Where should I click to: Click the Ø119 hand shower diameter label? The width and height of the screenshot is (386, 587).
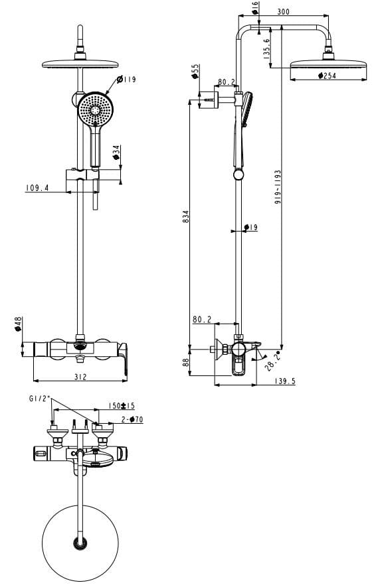[x=126, y=80]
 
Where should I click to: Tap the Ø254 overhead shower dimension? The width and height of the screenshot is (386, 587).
[x=326, y=77]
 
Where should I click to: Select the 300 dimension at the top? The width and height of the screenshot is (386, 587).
[x=284, y=12]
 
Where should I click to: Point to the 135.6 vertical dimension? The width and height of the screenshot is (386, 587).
[x=266, y=50]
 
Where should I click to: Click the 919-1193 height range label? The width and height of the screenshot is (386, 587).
[x=278, y=188]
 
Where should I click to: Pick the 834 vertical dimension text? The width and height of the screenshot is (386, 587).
[x=186, y=217]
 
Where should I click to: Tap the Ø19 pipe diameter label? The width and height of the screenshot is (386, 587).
[x=250, y=228]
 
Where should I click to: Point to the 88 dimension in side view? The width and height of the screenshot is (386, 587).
[x=186, y=362]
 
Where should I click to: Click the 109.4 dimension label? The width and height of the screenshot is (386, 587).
[x=38, y=188]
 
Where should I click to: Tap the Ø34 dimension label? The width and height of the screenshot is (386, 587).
[x=116, y=153]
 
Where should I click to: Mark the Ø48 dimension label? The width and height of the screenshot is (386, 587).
[x=19, y=324]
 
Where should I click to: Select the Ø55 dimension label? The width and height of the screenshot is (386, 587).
[x=195, y=71]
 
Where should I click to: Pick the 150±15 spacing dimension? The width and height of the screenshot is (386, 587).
[x=122, y=406]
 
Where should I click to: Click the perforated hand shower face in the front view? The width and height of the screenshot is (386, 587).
[x=93, y=109]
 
